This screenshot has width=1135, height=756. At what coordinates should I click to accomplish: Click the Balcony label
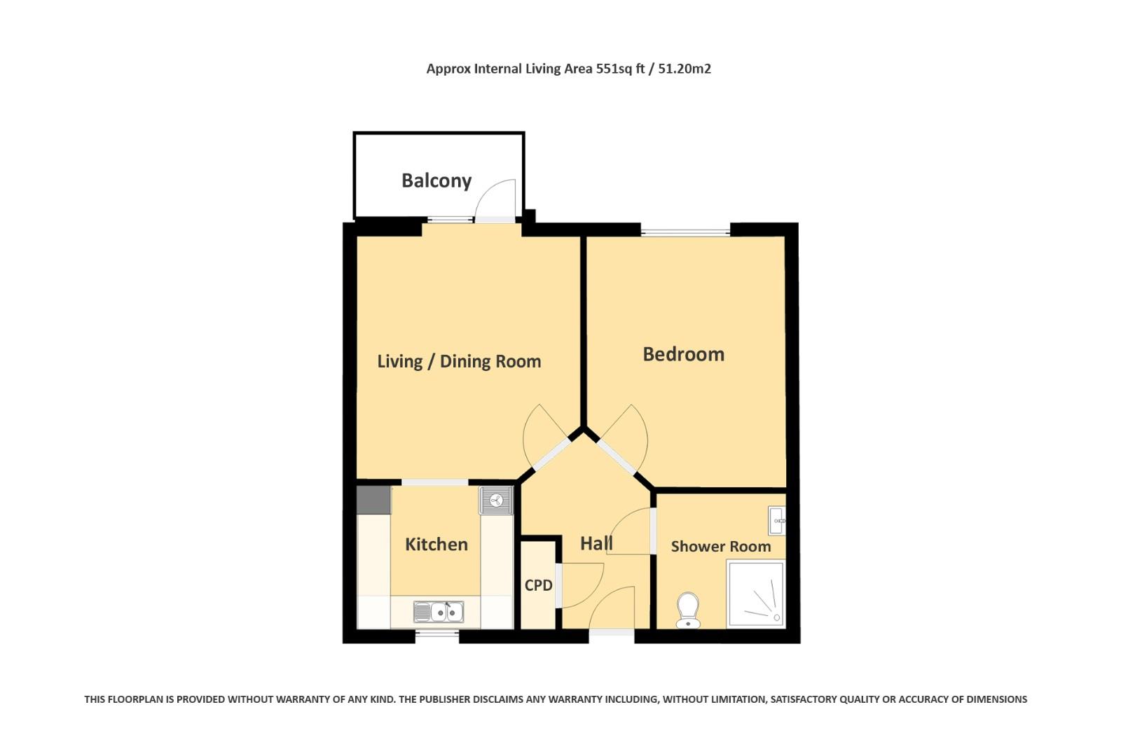(436, 181)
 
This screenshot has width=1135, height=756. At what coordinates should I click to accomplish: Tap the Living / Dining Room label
(459, 361)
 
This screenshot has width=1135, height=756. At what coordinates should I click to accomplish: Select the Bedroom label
(683, 354)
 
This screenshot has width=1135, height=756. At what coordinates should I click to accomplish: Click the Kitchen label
(436, 544)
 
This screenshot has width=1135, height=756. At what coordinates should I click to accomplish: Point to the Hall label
(596, 542)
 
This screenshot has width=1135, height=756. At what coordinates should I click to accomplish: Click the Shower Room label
(720, 546)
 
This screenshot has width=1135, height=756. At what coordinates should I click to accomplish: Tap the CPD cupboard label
(538, 585)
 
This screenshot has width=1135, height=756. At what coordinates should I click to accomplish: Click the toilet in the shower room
(688, 610)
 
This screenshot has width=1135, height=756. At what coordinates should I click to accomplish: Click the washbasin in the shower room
(776, 520)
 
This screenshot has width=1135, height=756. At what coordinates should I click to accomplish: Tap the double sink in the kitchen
(438, 612)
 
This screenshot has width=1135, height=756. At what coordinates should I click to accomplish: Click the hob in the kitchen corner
(496, 500)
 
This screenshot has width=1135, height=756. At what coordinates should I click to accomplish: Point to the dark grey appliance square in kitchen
(373, 500)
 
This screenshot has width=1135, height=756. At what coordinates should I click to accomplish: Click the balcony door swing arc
(495, 199)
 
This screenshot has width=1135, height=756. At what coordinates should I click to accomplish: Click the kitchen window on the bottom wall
(437, 636)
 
